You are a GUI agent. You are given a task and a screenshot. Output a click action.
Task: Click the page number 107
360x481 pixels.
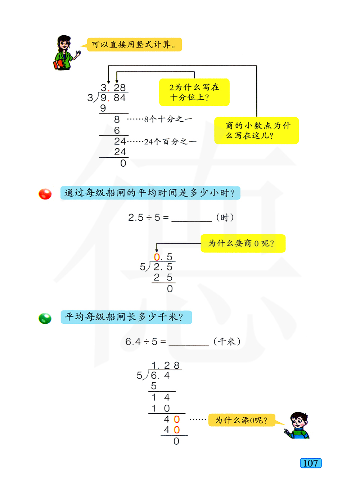click(x=310, y=463)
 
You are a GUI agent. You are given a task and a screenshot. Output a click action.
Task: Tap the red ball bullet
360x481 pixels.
click(x=45, y=194)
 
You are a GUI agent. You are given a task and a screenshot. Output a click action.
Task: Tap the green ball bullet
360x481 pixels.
click(x=45, y=318)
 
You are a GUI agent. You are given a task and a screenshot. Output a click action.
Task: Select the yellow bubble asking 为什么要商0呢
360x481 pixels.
click(x=243, y=243)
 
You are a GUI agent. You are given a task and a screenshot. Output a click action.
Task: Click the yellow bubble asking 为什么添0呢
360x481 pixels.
click(x=242, y=420)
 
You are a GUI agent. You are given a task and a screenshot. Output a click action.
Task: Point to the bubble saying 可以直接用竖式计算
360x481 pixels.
click(x=134, y=45)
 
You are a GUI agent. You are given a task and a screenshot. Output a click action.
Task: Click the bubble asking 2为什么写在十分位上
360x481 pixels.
click(x=194, y=92)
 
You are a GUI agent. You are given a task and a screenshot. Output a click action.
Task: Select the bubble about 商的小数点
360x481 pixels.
click(x=256, y=130)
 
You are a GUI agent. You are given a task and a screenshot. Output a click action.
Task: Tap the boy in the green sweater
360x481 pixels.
click(x=298, y=426)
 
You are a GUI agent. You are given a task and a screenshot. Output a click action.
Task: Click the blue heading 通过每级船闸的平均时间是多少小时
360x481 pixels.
click(x=150, y=193)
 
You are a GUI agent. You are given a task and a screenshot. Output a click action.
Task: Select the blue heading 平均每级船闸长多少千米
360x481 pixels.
click(x=126, y=317)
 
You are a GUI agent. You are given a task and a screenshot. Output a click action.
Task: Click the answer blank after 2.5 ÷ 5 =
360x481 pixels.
click(x=192, y=218)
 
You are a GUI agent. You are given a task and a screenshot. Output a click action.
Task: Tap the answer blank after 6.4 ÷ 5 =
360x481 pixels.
click(x=189, y=342)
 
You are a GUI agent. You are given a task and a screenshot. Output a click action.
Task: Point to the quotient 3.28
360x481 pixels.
click(x=113, y=87)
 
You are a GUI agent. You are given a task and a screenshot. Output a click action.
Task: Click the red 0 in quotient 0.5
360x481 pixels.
click(x=157, y=257)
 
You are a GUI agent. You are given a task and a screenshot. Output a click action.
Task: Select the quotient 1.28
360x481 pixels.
click(x=165, y=365)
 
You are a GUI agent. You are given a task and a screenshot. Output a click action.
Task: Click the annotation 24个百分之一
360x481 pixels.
click(x=170, y=142)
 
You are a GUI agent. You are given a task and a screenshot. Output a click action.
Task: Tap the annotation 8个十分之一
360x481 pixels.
click(x=168, y=119)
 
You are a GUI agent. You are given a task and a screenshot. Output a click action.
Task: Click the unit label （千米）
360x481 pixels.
click(x=227, y=342)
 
